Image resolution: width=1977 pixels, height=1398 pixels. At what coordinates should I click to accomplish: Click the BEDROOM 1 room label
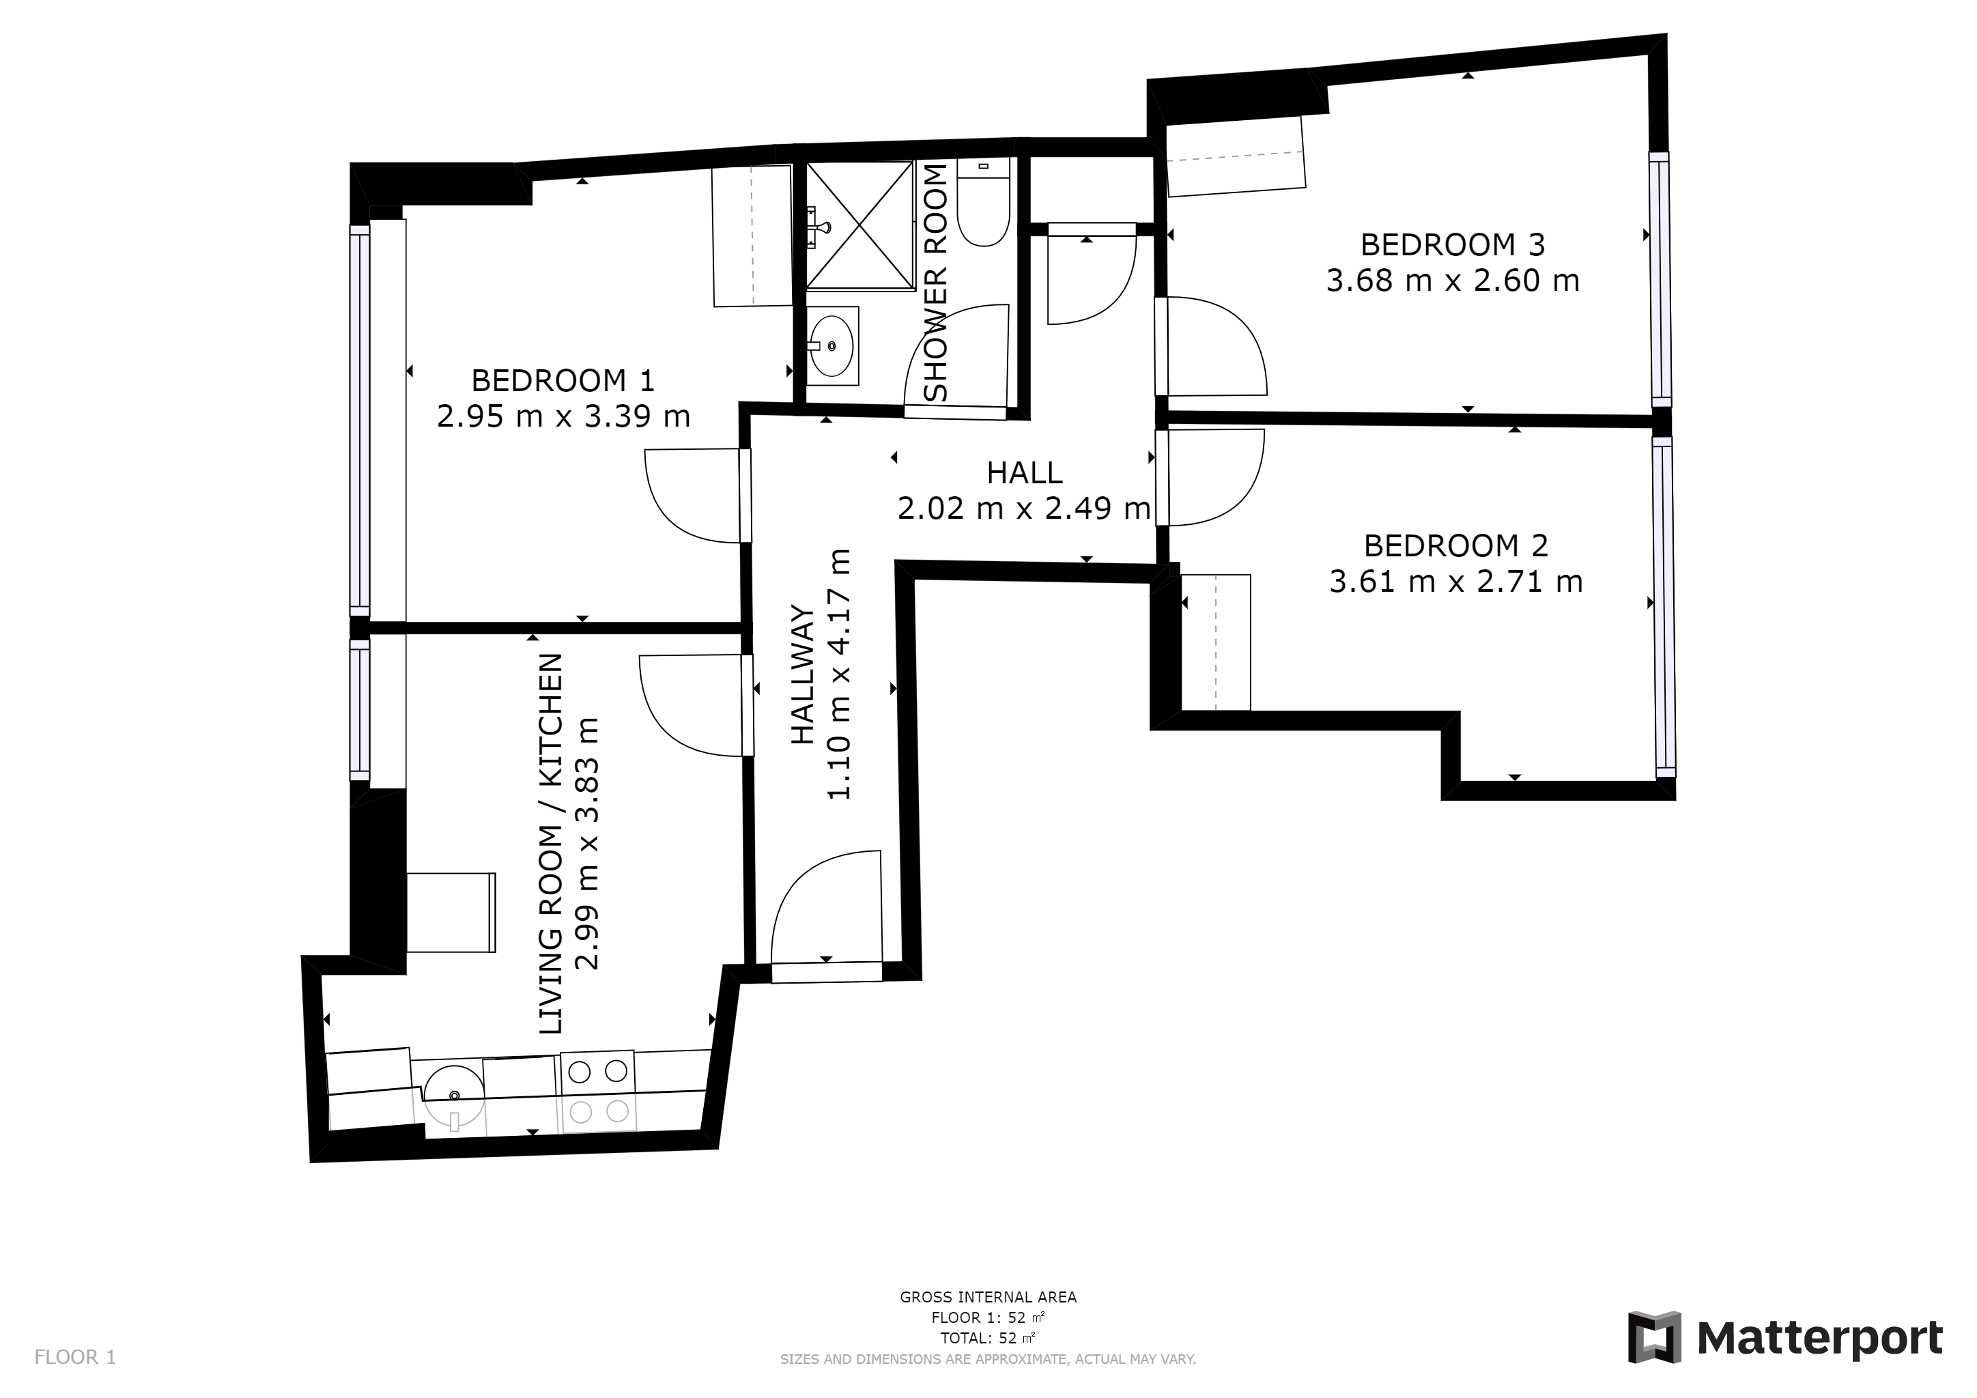(563, 380)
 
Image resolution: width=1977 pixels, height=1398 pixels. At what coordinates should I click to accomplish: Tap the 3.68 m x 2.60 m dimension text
(1453, 281)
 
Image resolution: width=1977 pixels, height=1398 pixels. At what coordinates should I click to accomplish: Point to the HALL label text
(1025, 472)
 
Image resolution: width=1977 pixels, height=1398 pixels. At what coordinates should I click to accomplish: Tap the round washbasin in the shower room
(831, 345)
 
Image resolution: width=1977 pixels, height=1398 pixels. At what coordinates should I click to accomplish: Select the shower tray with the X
(859, 225)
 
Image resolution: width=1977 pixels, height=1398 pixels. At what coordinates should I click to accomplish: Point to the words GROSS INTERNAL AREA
(988, 1296)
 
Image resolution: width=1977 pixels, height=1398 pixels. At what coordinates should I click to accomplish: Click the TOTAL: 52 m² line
(988, 1338)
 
